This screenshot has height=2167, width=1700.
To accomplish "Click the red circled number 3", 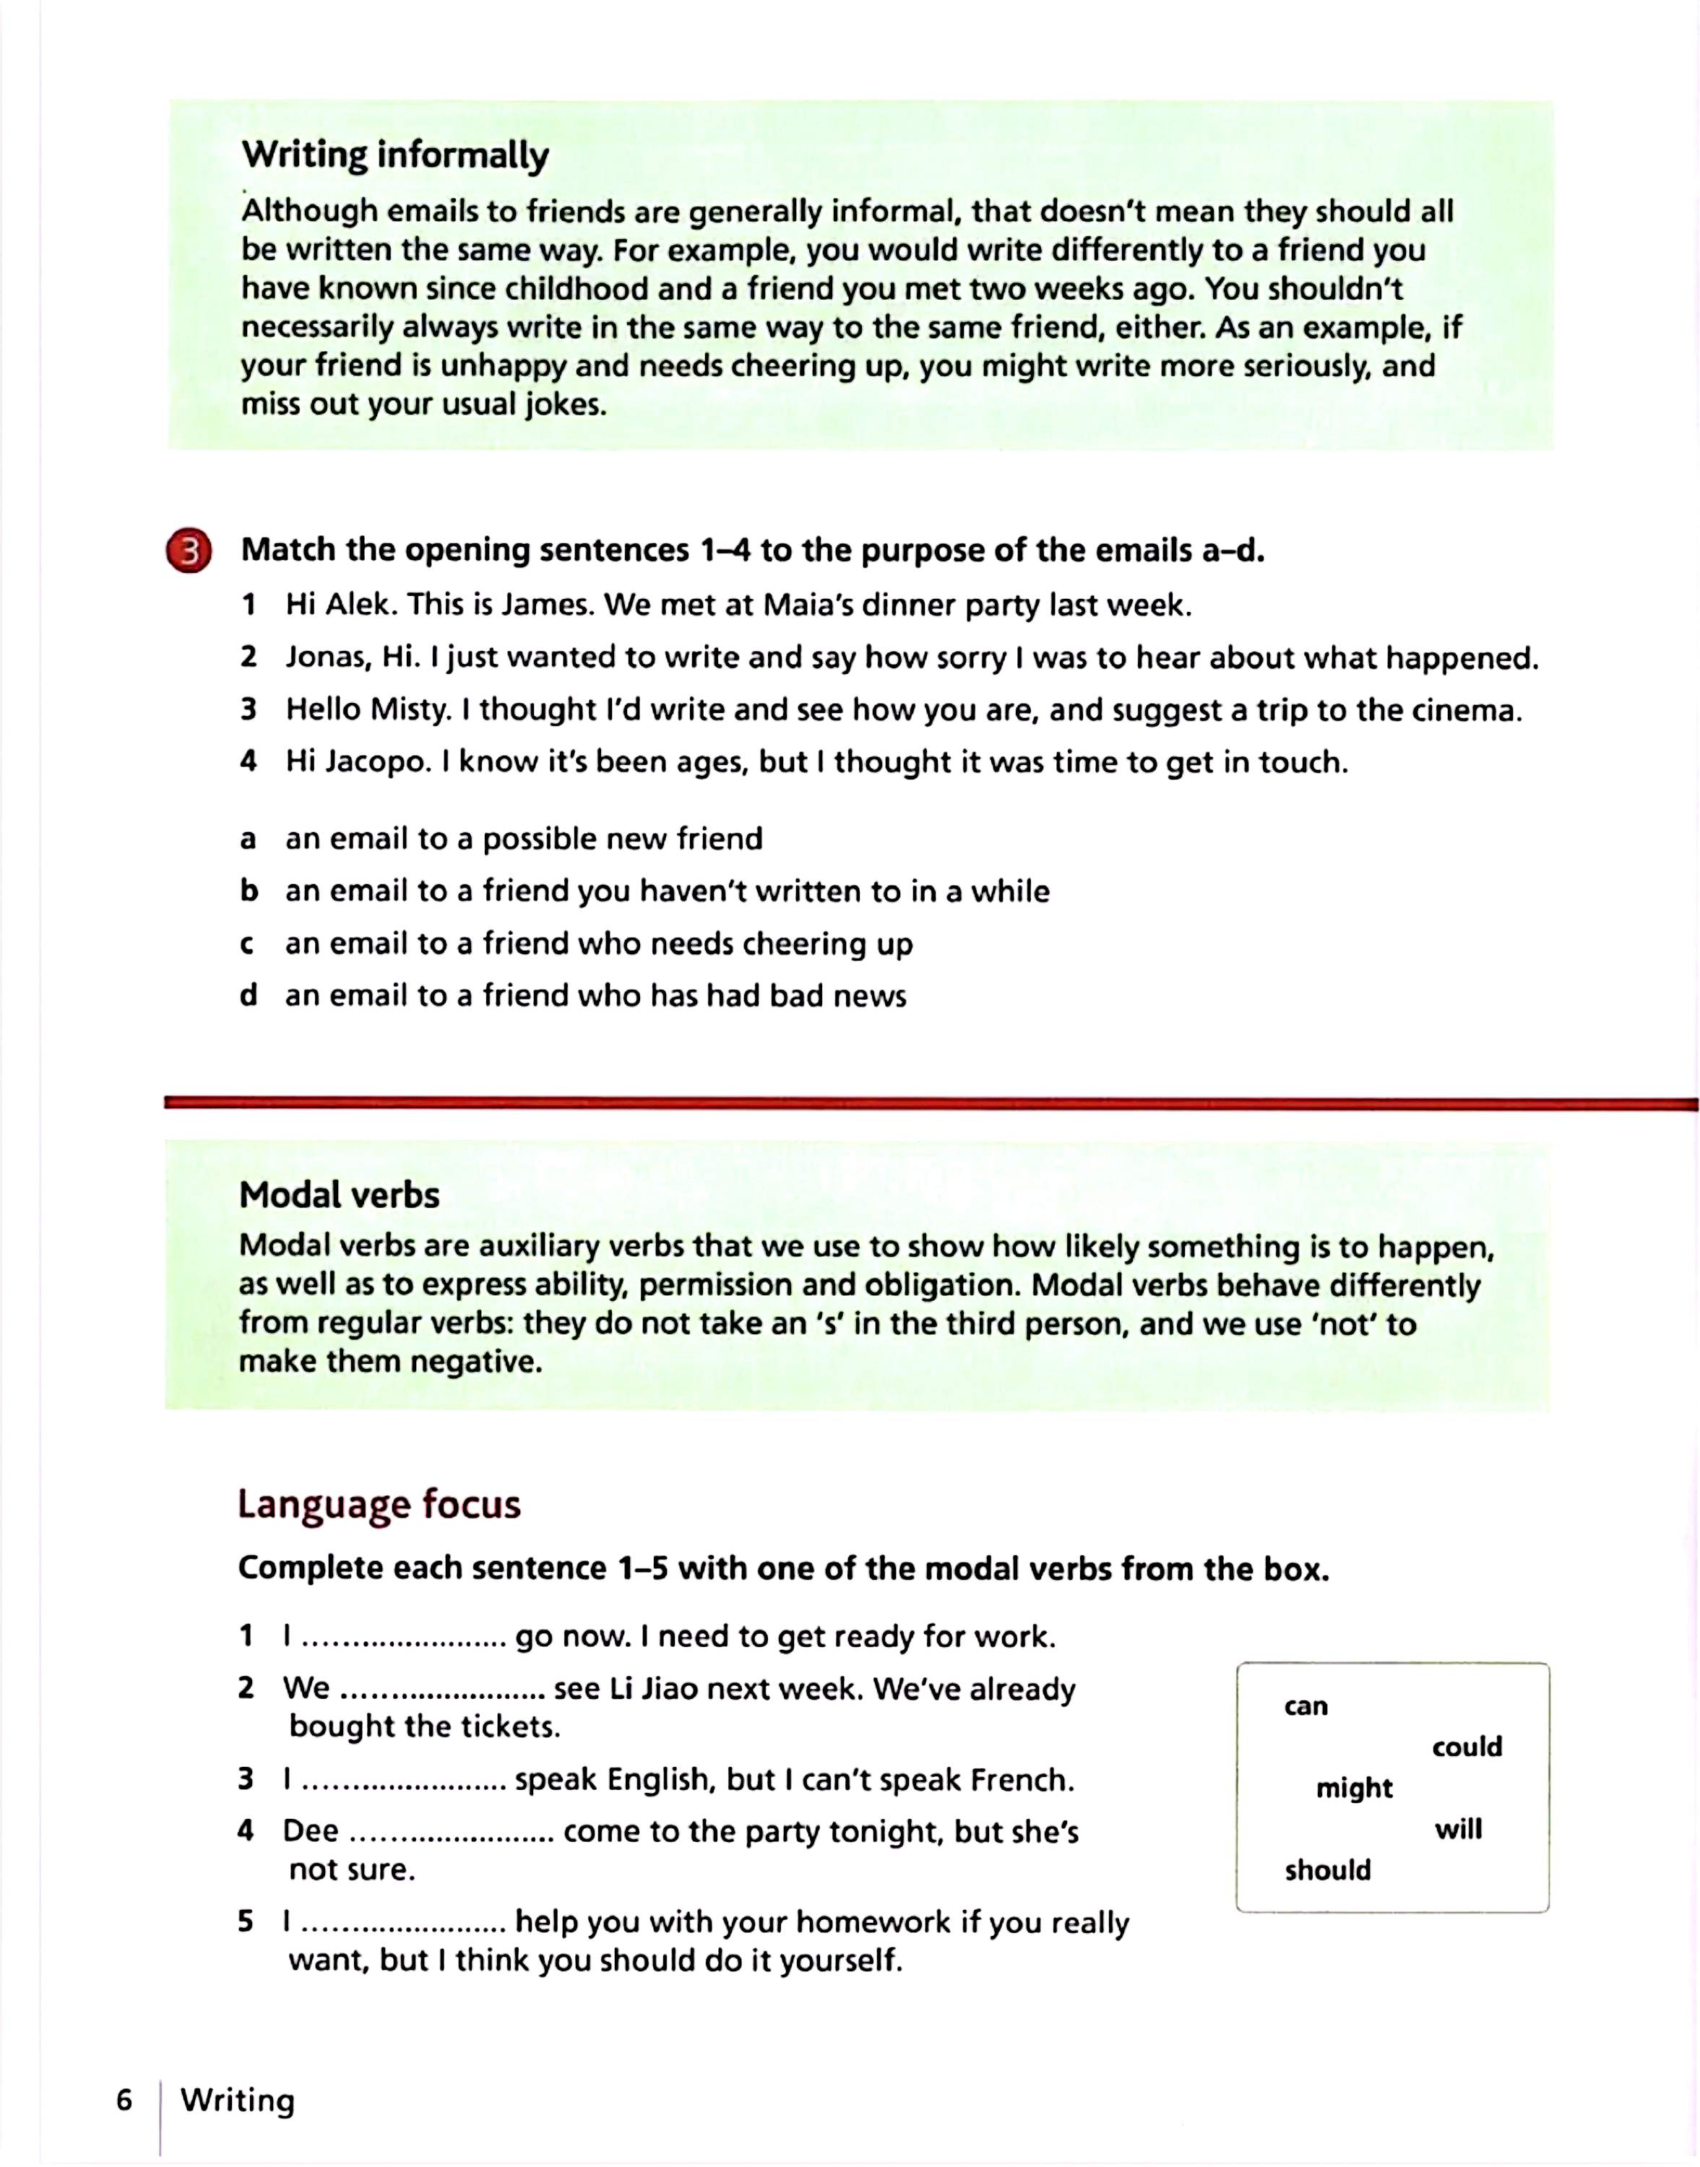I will [x=189, y=551].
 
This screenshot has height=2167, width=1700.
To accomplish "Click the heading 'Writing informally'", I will [x=395, y=155].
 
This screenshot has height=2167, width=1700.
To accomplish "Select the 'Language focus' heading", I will [x=379, y=1505].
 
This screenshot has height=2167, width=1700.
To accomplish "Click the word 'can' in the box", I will [x=1306, y=1706].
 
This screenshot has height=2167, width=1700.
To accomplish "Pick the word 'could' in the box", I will [x=1466, y=1746].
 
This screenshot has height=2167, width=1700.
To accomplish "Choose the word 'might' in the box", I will [x=1354, y=1788].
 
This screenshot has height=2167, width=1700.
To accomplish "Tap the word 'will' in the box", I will [x=1458, y=1829].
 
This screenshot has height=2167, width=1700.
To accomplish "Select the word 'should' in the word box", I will [x=1328, y=1871].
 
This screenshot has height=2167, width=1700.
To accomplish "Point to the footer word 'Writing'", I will [x=238, y=2101].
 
